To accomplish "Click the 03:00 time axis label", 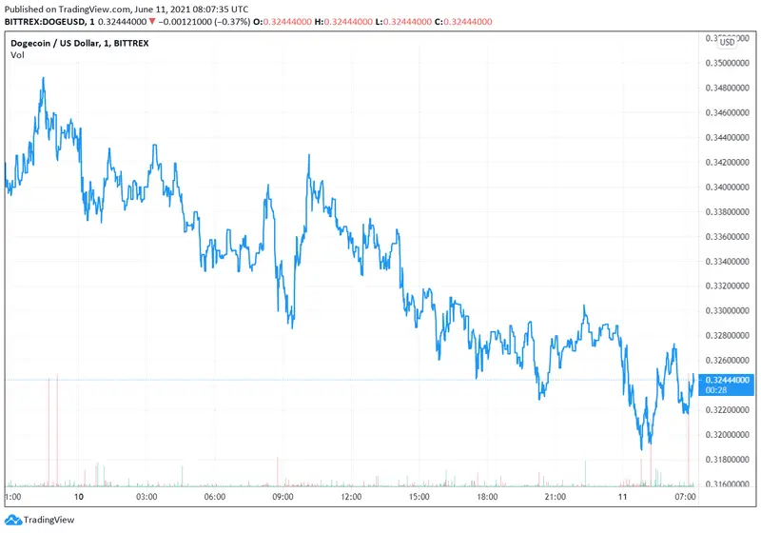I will (x=146, y=497).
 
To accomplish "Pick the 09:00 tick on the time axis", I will (x=283, y=497).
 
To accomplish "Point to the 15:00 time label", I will (x=419, y=497).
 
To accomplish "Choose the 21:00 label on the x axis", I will (x=555, y=497).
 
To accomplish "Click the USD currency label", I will (x=727, y=42).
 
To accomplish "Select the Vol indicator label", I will (x=17, y=55).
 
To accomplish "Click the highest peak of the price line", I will (x=44, y=78).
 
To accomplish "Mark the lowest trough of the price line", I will (x=644, y=448).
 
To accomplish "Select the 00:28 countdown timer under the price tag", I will (x=717, y=389).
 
